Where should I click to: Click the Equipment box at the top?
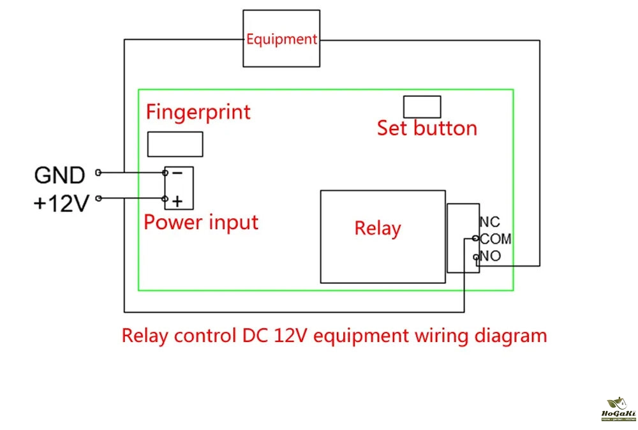[281, 38]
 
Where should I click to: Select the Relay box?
[382, 236]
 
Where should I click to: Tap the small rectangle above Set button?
[422, 107]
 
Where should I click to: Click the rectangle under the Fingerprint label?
[175, 144]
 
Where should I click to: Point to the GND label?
[59, 175]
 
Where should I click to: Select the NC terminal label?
[489, 222]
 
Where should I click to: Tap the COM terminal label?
[496, 239]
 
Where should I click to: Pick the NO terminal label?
[491, 256]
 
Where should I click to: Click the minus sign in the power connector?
[177, 173]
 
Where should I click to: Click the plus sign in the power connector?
[177, 201]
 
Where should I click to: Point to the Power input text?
[201, 223]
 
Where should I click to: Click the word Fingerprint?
[198, 112]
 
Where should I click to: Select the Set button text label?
[427, 128]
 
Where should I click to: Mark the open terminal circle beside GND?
[98, 172]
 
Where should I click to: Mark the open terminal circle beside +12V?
[98, 198]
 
